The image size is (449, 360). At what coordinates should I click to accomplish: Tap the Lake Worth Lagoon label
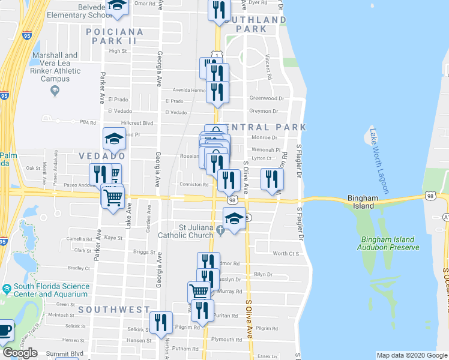tap(378, 154)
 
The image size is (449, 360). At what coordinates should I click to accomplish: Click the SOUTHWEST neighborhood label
tap(113, 310)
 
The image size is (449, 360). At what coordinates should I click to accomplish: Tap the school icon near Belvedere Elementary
tap(118, 7)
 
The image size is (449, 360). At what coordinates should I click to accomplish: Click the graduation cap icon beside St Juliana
tap(235, 220)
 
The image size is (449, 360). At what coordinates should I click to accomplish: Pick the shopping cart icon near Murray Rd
tap(199, 293)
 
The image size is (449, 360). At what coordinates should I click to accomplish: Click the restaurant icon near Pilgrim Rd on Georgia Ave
tap(161, 323)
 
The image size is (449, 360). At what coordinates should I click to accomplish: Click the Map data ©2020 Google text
tap(411, 355)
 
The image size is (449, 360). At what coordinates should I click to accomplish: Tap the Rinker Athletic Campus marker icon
tap(55, 91)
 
